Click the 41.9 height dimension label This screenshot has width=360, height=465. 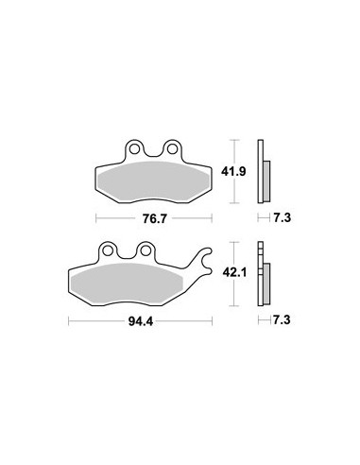coord(233,172)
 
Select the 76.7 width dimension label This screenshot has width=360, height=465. coord(154,218)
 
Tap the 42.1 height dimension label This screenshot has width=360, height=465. coord(234,272)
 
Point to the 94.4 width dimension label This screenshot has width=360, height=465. coord(141,321)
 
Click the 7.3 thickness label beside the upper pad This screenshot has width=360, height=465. coord(282,217)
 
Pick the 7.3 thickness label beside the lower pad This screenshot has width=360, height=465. coord(282,320)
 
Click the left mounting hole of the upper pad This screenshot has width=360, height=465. coord(134,148)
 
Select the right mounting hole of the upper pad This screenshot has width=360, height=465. coord(172,148)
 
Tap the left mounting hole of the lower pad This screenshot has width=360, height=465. coord(108,250)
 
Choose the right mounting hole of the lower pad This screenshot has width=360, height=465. coord(146,250)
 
